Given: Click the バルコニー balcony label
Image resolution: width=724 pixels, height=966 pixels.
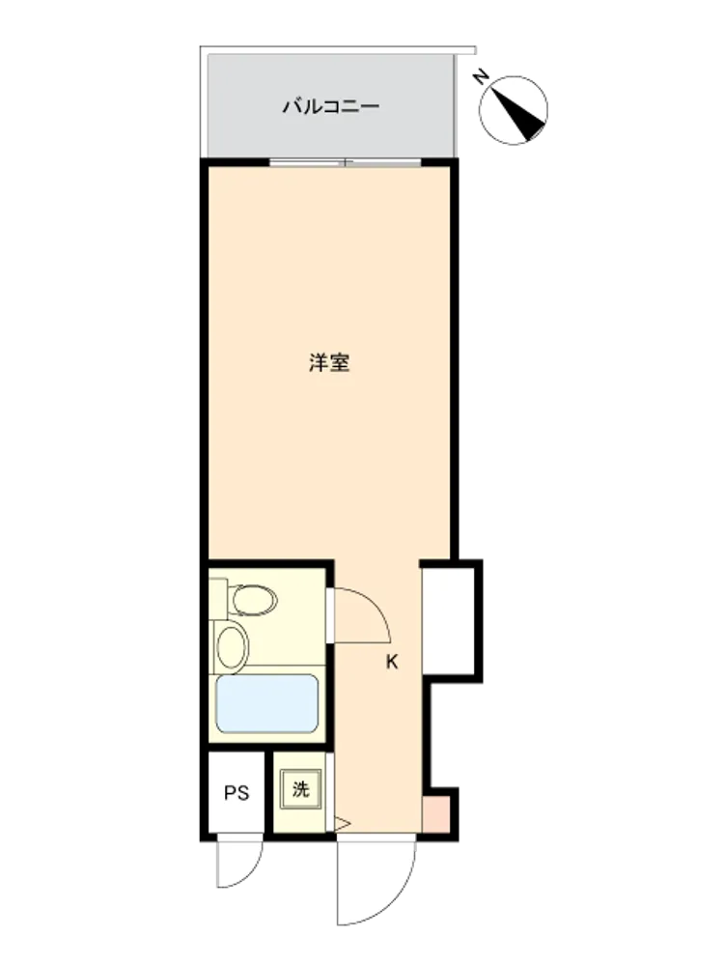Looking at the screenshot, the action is [x=330, y=106].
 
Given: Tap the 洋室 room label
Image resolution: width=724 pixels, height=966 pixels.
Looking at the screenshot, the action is [x=329, y=362].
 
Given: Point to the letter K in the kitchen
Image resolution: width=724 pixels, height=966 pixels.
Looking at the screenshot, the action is [x=392, y=663].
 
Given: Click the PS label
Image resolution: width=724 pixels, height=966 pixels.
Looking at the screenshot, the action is [x=237, y=792].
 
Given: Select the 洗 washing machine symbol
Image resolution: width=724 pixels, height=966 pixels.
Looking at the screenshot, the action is [x=300, y=789].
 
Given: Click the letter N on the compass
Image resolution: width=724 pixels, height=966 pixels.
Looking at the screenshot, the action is [x=481, y=77].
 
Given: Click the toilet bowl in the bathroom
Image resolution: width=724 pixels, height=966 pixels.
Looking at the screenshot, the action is [x=254, y=600].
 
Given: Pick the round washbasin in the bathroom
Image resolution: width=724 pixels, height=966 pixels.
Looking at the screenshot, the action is [x=233, y=646].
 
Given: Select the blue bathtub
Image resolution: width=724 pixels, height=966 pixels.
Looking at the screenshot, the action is [x=267, y=703].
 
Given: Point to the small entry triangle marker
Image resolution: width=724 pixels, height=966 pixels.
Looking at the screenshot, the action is [x=342, y=823].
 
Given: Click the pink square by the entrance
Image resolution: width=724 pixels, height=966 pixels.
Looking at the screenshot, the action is [x=436, y=814].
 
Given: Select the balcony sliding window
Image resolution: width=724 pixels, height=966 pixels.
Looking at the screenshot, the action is [x=346, y=163].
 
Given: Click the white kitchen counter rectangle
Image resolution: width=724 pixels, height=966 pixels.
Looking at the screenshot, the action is [x=448, y=621].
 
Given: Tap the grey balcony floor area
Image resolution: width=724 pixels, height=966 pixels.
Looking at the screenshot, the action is [x=331, y=106].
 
